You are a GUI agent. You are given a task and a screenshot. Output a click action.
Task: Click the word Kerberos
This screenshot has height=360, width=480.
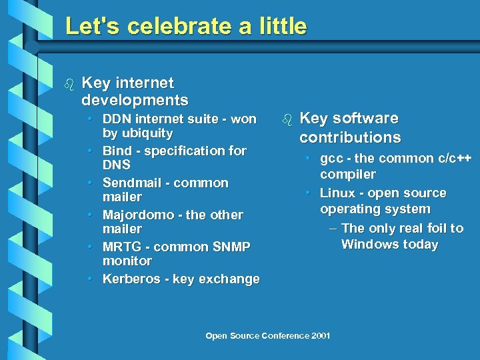coord(130,279)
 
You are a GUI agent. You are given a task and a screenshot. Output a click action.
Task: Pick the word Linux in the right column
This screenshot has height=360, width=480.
coord(337,193)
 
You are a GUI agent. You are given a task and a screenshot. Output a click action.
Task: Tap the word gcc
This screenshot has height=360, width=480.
coord(331,159)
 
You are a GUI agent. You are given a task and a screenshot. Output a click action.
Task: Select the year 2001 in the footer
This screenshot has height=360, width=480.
coord(321,335)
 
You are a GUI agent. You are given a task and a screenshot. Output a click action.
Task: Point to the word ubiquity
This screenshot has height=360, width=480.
coord(143,133)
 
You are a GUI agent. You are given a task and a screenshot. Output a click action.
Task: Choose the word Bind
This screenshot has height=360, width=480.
coord(117,151)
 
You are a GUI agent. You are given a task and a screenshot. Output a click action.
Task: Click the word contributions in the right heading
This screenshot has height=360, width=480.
coord(350,138)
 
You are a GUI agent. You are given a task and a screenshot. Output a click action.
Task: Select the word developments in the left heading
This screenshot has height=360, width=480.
coord(135,101)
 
